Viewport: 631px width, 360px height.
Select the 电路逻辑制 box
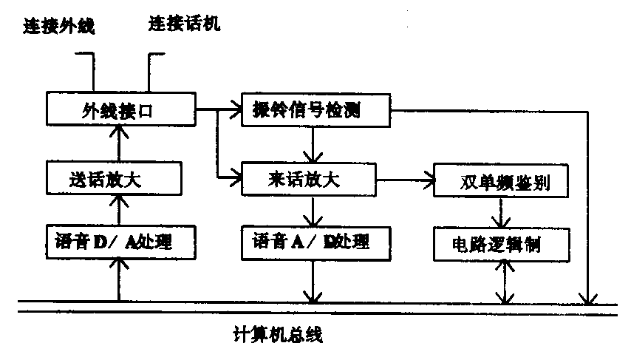point(501,242)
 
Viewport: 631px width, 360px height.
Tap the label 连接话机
point(184,25)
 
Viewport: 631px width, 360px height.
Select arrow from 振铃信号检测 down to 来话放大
point(314,144)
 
